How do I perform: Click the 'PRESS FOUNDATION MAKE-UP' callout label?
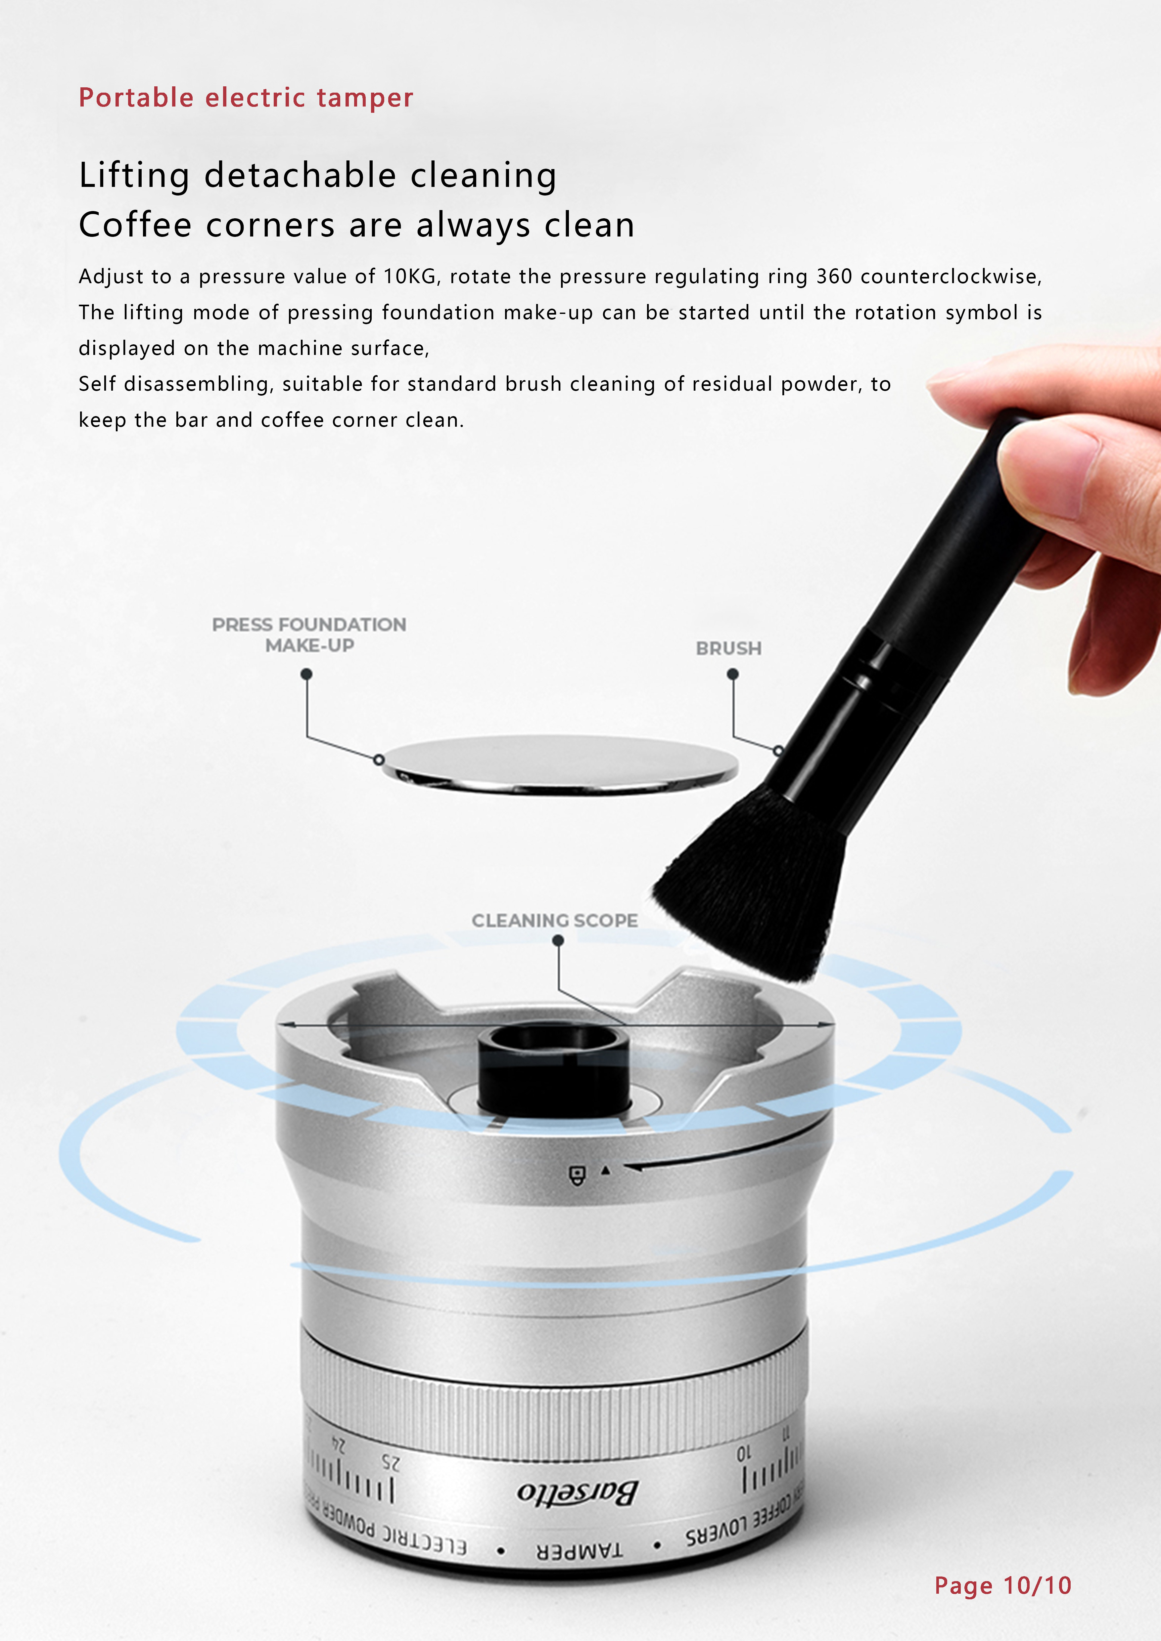[x=309, y=635]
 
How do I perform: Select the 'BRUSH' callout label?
[x=728, y=648]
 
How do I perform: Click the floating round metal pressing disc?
[x=560, y=763]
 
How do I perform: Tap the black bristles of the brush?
[x=751, y=886]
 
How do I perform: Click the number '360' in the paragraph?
[x=834, y=277]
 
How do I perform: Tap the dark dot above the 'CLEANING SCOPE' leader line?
[x=558, y=941]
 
